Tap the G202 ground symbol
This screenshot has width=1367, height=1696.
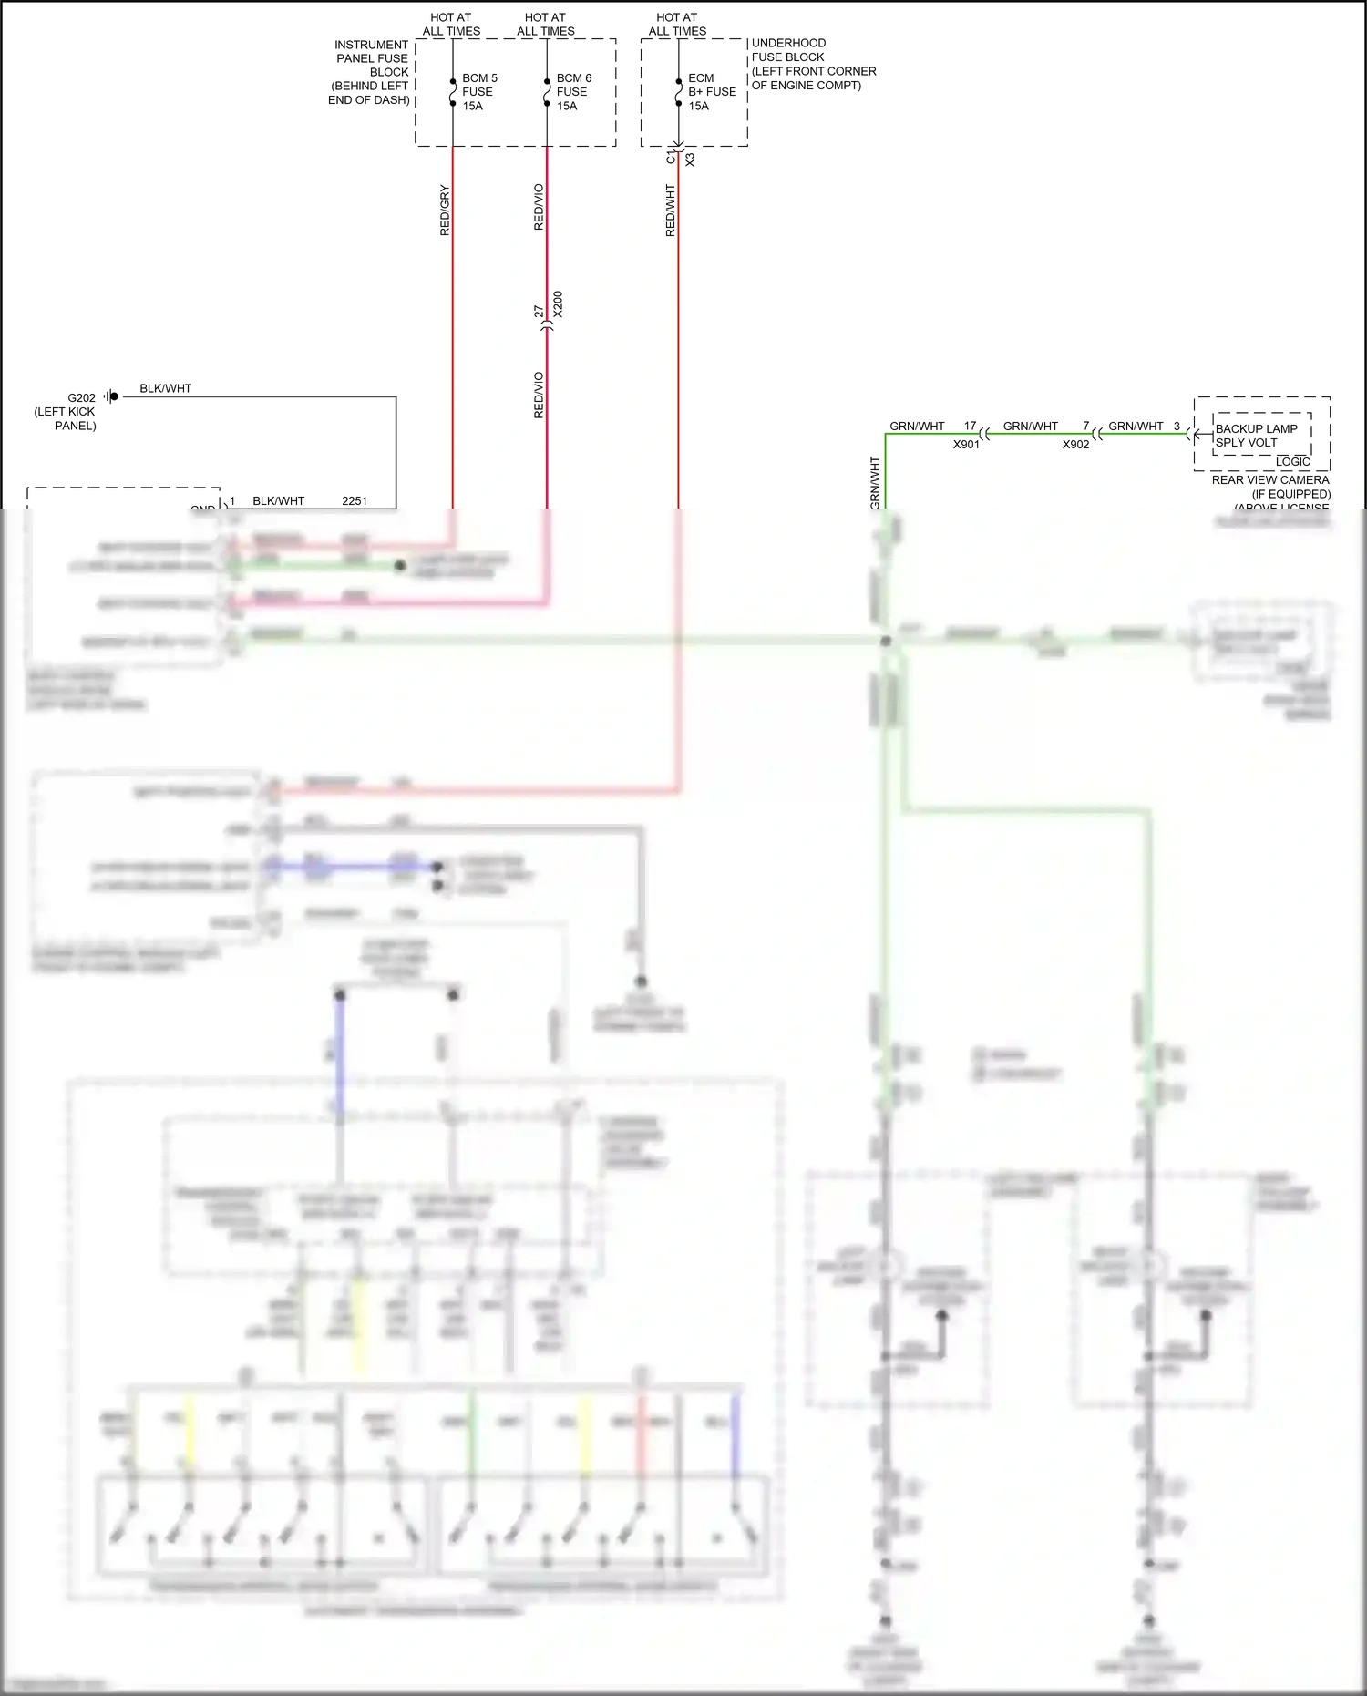pos(111,396)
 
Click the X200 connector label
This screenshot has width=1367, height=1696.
pos(558,304)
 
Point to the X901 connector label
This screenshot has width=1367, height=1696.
pos(965,445)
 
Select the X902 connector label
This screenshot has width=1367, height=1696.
pos(1074,445)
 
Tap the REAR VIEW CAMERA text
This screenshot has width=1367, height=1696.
pos(1269,480)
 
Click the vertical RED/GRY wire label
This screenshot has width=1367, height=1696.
pos(445,211)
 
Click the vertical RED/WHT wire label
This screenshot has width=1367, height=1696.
pos(671,211)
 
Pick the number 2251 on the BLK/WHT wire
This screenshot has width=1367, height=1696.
pos(355,501)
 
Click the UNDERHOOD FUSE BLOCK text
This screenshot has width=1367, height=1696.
pos(788,50)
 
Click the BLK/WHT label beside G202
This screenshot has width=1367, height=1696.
pos(165,388)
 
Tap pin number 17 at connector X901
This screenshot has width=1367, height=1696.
pos(970,427)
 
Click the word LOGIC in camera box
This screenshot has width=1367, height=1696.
pos(1292,462)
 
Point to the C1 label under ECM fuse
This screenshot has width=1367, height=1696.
pos(671,159)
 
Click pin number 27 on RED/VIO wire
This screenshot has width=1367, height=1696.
pos(539,312)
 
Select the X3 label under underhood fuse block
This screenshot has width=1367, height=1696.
pos(690,159)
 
